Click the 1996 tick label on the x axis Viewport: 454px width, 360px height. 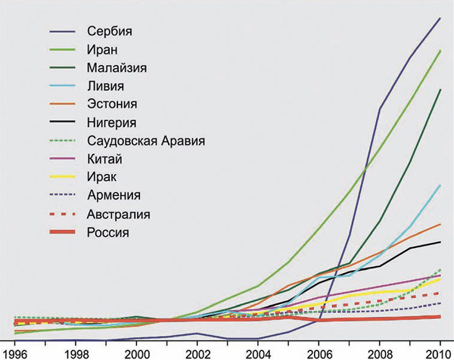14,353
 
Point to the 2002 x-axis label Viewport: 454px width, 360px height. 197,353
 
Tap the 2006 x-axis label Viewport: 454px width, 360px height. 319,353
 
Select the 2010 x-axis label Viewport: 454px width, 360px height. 440,353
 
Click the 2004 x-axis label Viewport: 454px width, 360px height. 258,353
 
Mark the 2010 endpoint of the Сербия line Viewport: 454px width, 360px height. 440,17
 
